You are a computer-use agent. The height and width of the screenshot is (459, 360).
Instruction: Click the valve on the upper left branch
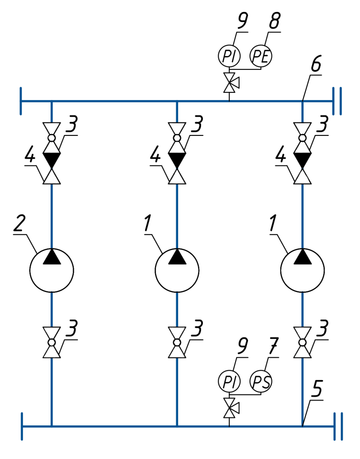51,138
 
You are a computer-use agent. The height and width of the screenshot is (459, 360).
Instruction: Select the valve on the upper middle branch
177,138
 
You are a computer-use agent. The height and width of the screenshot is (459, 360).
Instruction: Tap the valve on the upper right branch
302,138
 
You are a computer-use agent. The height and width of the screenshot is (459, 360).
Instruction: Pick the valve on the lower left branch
51,342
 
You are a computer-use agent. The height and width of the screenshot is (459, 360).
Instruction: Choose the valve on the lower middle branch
177,342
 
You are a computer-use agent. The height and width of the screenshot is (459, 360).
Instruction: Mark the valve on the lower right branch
302,342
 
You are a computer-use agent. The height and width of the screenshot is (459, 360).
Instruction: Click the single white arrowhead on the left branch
51,177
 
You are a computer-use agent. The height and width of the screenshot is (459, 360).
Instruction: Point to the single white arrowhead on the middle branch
177,177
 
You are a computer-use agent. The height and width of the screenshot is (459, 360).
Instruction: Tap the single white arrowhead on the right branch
302,177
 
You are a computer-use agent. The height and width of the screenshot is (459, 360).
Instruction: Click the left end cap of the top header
21,101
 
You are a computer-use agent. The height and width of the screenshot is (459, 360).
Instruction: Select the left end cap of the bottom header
22,426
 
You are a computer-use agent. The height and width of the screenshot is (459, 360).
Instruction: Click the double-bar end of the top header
337,101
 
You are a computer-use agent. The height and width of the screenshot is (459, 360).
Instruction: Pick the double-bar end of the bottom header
338,426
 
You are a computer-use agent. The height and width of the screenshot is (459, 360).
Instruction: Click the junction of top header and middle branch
177,102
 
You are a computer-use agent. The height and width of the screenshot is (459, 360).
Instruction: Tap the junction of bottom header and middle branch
177,426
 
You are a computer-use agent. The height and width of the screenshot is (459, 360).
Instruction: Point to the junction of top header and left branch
51,102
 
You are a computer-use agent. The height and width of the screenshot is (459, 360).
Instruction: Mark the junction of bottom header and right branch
302,426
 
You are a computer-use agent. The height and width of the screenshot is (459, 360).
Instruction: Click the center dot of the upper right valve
302,138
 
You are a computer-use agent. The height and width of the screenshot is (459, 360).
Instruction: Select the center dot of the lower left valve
51,342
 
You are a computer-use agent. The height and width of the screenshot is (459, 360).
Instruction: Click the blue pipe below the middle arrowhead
177,215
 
